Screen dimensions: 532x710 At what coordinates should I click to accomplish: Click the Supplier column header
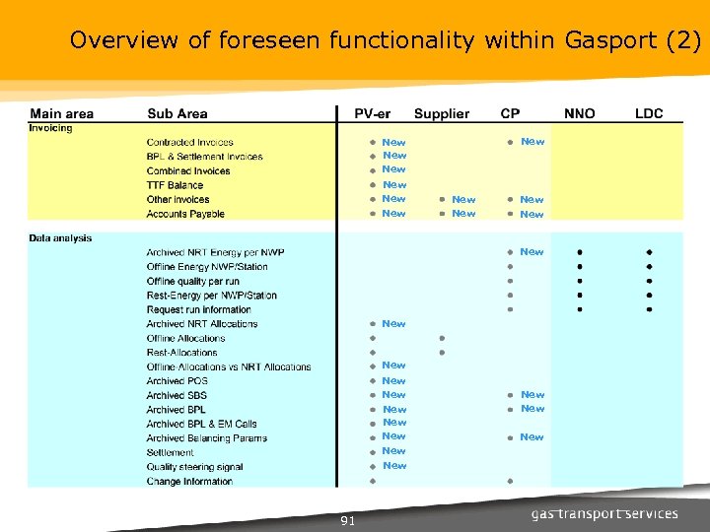pos(441,113)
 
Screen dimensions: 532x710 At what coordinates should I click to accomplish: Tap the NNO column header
pos(579,113)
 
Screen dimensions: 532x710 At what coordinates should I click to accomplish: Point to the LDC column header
pos(648,113)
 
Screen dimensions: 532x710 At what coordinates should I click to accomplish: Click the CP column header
pos(511,113)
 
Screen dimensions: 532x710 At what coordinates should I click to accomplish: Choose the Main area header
pos(61,113)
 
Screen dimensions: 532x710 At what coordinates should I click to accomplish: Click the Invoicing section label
pos(50,128)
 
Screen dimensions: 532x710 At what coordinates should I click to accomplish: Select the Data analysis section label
pos(60,237)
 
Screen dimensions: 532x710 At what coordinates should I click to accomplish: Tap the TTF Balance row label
pos(175,185)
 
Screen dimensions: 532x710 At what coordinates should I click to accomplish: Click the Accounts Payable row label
pos(185,214)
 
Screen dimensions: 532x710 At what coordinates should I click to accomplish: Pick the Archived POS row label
pos(177,381)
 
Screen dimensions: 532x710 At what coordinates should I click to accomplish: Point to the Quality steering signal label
pos(194,467)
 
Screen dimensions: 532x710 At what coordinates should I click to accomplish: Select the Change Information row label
pos(189,482)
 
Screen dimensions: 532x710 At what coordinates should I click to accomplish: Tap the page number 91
pos(347,520)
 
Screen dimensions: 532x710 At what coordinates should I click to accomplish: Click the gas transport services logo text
pos(604,514)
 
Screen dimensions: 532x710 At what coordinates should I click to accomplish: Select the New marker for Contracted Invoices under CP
pos(532,142)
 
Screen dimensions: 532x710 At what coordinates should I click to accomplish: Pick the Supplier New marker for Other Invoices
pos(462,200)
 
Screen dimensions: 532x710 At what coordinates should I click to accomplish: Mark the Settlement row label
pos(170,453)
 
